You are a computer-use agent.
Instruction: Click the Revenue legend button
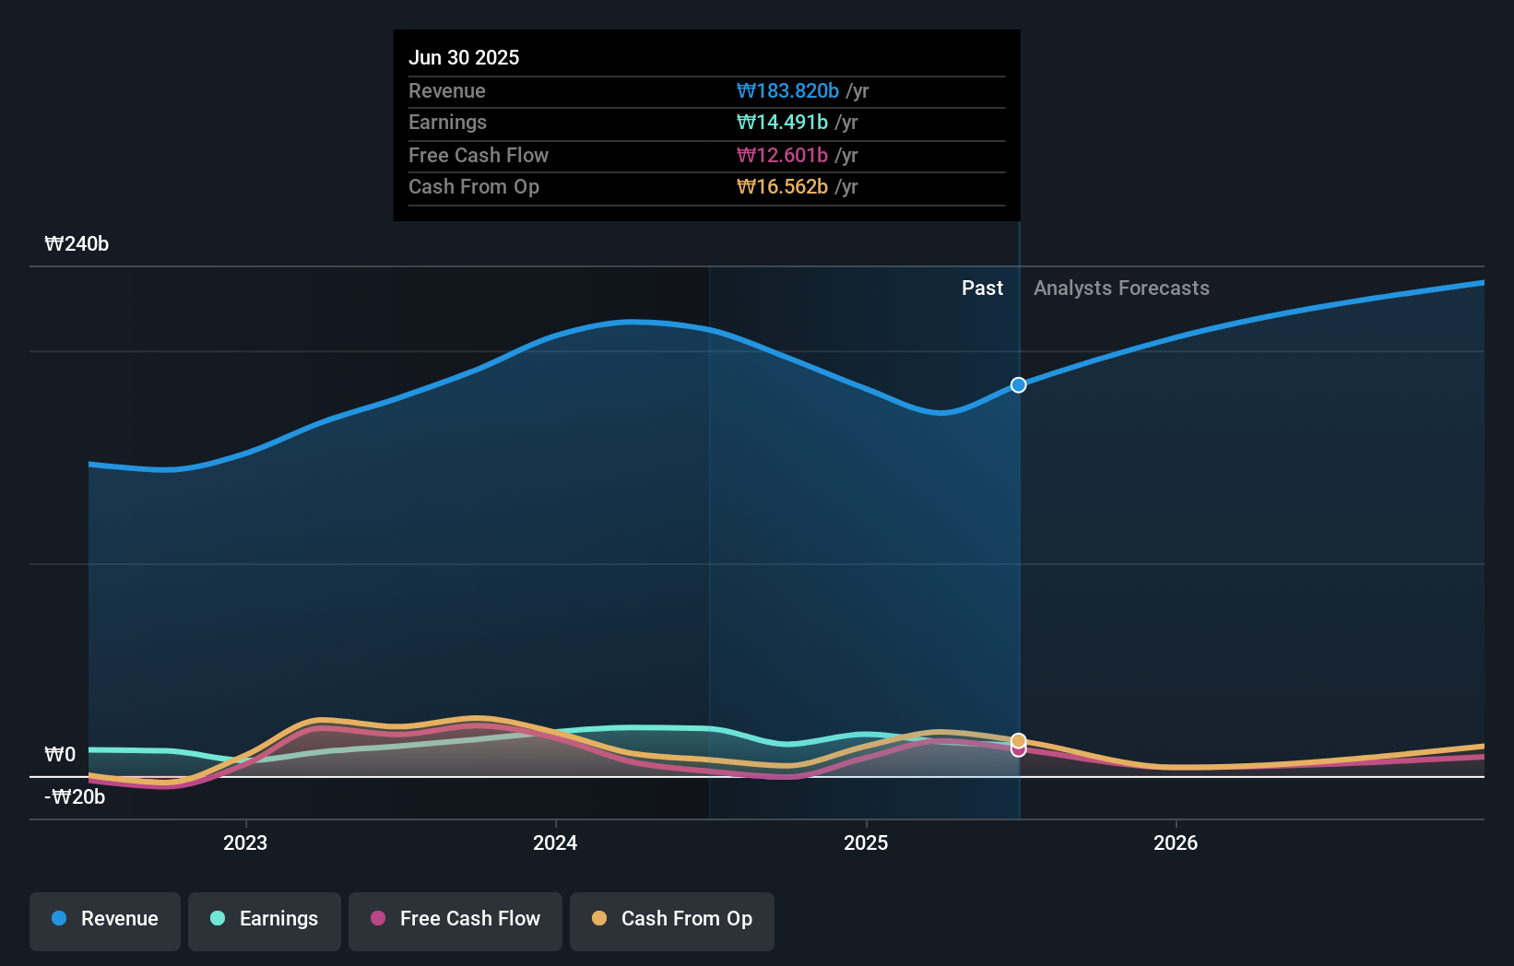coord(105,919)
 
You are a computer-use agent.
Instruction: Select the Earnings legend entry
coord(265,919)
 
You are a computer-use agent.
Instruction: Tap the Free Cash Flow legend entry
coord(455,919)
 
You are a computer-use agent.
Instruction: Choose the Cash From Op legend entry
coord(672,919)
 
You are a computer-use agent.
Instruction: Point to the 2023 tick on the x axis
coord(245,842)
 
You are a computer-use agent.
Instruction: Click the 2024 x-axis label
coord(555,842)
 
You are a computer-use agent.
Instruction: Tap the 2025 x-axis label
coord(866,842)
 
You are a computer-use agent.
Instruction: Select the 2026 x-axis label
coord(1176,842)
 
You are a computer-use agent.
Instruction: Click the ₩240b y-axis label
coord(77,244)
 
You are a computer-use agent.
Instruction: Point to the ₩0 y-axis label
coord(60,755)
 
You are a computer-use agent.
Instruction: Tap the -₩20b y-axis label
coord(75,797)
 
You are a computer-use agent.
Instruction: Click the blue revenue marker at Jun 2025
coord(1018,385)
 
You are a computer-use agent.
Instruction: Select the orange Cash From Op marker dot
coord(1018,740)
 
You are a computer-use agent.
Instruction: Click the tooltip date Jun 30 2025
coord(464,57)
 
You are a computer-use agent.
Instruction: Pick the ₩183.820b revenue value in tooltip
coord(787,91)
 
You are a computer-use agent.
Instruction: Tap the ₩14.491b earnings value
coord(782,123)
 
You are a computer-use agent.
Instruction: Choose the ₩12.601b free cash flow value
coord(782,156)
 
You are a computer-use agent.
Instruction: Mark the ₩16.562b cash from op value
coord(782,187)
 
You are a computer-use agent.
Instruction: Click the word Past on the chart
coord(982,289)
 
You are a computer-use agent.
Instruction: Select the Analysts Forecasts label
coord(1121,289)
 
